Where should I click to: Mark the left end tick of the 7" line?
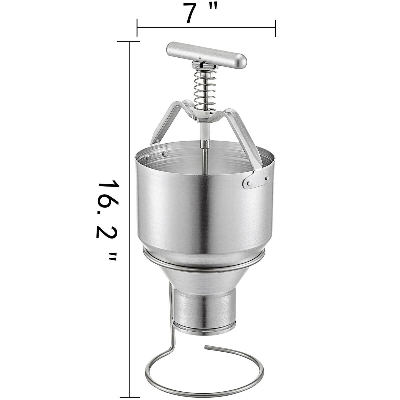pyautogui.click(x=137, y=28)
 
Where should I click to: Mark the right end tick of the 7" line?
pyautogui.click(x=275, y=28)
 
